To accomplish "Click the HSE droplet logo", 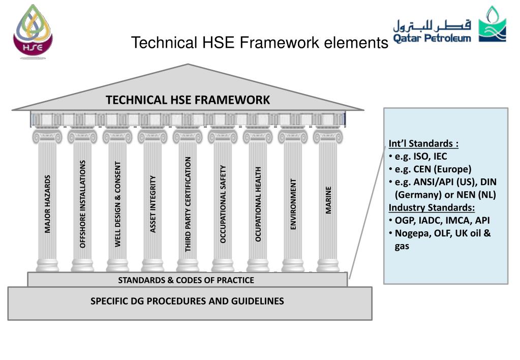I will [33, 32].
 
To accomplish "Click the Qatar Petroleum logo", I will [449, 26].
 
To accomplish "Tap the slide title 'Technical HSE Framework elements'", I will [259, 43].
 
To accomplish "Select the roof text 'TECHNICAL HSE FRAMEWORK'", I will [188, 100].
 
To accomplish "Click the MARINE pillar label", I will [328, 200].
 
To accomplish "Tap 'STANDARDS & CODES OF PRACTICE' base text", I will [186, 280].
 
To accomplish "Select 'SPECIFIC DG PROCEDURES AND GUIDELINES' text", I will [187, 301].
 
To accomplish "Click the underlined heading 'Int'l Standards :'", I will [423, 143].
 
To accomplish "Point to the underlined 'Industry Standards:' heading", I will [432, 207].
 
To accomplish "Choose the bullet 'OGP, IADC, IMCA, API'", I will [442, 221].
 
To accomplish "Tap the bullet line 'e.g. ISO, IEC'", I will [420, 156].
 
